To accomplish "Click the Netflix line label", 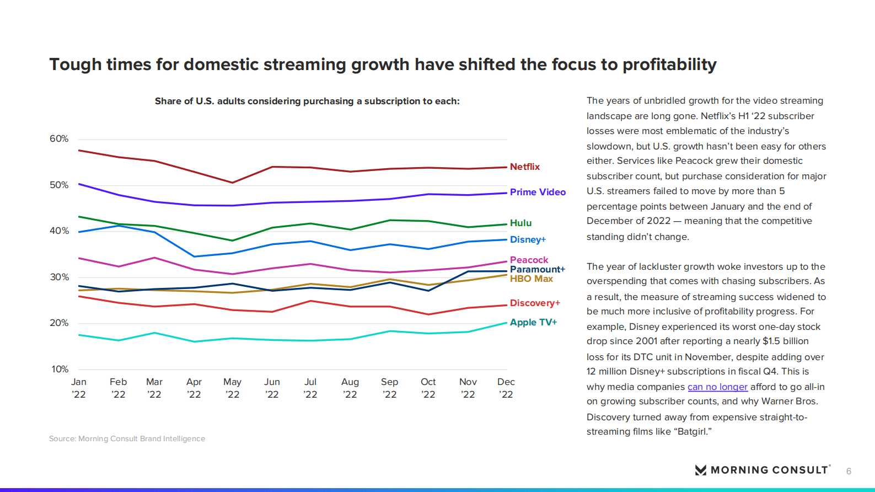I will coord(524,167).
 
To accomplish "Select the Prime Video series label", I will coord(538,192).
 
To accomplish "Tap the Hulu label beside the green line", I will coord(520,223).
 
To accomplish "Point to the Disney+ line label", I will coord(528,239).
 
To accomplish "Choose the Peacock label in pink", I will coord(529,260).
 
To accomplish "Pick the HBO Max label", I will coord(531,279).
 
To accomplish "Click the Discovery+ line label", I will coord(534,303).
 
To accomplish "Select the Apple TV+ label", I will coord(533,322).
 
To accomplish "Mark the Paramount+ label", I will coord(537,269).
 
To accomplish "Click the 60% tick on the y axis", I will coord(59,138).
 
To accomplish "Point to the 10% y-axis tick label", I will coord(60,369).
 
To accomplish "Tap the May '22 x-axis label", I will coord(232,388).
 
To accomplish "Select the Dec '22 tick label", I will coord(506,388).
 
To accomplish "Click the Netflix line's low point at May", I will coord(233,183).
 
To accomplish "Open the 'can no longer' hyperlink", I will coord(717,387).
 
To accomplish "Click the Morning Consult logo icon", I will coord(701,470).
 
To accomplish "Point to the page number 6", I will coord(849,471).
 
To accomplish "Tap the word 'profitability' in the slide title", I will coord(669,65).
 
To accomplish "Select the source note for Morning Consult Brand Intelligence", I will coord(127,438).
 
